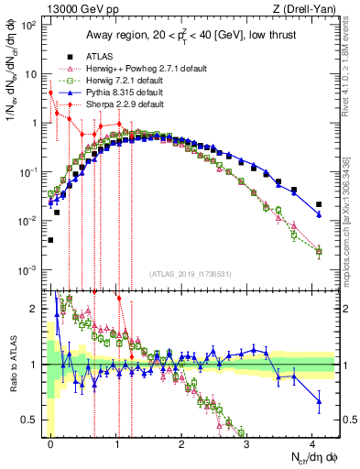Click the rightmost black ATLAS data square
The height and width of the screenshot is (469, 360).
(x=319, y=204)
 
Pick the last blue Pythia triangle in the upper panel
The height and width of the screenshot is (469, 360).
(x=319, y=215)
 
